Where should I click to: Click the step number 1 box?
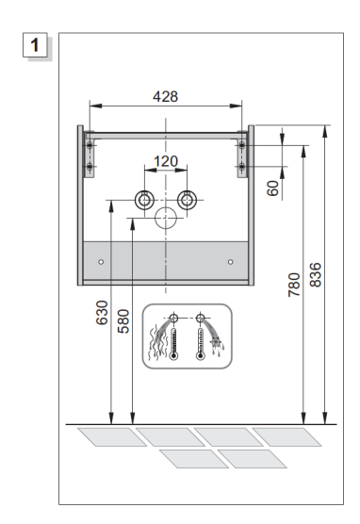[x=35, y=45]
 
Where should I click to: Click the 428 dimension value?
[x=166, y=96]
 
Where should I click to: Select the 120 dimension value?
[x=166, y=161]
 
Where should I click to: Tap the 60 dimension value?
[x=272, y=188]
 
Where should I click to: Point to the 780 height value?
[x=294, y=285]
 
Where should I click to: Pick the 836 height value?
[x=315, y=274]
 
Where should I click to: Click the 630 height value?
[x=102, y=313]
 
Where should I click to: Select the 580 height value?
[x=123, y=321]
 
